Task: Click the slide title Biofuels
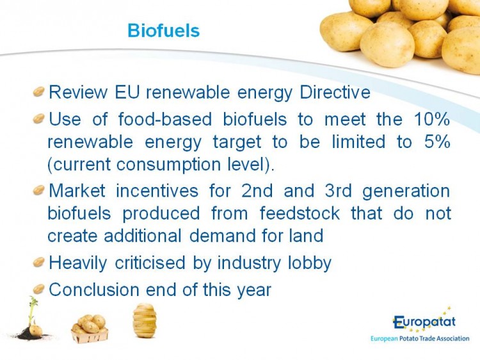pos(163,31)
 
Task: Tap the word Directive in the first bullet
pos(335,92)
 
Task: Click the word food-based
pos(164,119)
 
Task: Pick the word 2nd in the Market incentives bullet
pos(257,191)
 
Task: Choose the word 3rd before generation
pos(338,191)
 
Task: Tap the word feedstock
pos(300,213)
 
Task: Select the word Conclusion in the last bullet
pos(94,290)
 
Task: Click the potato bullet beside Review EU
pos(39,92)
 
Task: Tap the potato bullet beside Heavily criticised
pos(39,262)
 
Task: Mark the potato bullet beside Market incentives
pos(39,190)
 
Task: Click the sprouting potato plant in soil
pos(33,320)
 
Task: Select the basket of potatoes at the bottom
pos(90,329)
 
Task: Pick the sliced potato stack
pos(145,320)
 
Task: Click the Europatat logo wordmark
pos(424,322)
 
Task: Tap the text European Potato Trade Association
pos(420,339)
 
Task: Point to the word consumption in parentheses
pos(168,165)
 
